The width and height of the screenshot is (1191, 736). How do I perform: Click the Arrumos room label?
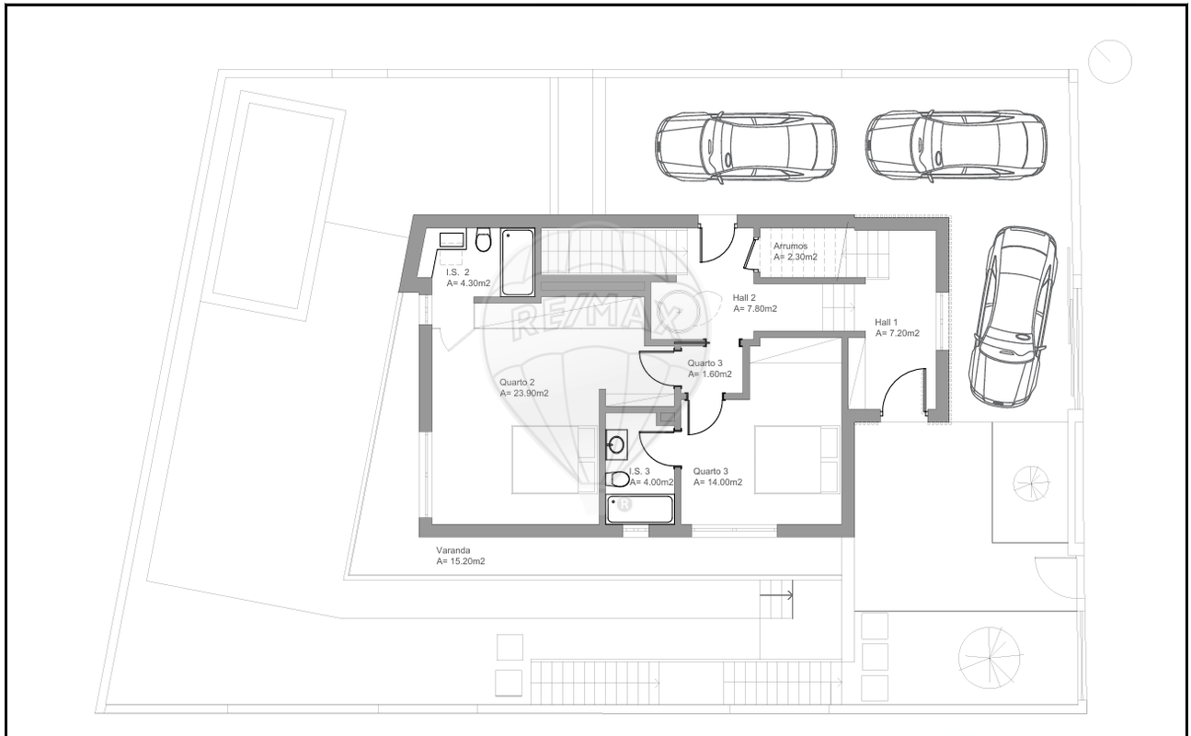(790, 247)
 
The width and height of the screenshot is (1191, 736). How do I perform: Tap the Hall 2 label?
(744, 298)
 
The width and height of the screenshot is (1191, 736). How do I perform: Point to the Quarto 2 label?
(517, 383)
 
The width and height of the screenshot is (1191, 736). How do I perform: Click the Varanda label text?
(453, 550)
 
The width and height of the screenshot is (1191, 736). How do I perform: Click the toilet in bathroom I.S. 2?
(483, 240)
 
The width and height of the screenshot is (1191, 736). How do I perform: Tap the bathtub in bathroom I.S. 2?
(518, 262)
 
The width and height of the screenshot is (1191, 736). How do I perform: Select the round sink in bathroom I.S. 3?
(616, 444)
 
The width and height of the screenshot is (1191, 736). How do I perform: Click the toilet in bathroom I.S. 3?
(618, 479)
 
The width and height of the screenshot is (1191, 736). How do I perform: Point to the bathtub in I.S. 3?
(640, 510)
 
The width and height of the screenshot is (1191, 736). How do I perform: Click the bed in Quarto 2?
(554, 459)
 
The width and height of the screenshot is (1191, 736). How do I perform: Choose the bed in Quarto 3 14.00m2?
(796, 459)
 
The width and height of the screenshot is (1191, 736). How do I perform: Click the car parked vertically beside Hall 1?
(1013, 317)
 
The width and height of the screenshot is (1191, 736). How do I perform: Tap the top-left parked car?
(746, 147)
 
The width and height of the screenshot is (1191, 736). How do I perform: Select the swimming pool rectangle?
(273, 206)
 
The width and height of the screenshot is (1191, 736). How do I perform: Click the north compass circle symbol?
(1110, 62)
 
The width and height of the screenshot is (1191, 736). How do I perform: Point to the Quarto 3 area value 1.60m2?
(710, 374)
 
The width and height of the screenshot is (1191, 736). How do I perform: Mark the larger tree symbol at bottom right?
(990, 658)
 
